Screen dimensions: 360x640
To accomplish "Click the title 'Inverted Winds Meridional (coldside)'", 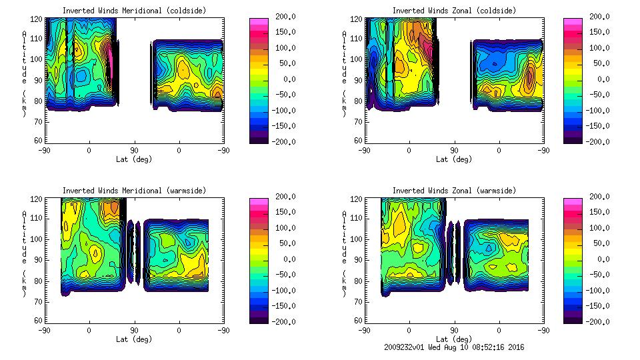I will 134,11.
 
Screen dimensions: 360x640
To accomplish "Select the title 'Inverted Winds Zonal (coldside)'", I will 454,11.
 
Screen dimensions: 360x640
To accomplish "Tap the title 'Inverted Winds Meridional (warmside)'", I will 134,191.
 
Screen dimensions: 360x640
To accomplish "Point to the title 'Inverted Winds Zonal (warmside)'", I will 454,191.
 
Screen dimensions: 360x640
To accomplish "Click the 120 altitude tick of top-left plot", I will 37,20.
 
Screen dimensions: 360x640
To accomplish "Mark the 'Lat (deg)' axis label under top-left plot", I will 134,159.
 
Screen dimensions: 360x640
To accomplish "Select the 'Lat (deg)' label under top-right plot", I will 454,159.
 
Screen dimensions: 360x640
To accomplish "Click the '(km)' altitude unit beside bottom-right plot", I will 345,283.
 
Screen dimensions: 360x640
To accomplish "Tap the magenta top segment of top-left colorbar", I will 259,21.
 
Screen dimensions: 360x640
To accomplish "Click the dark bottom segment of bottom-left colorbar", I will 259,318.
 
